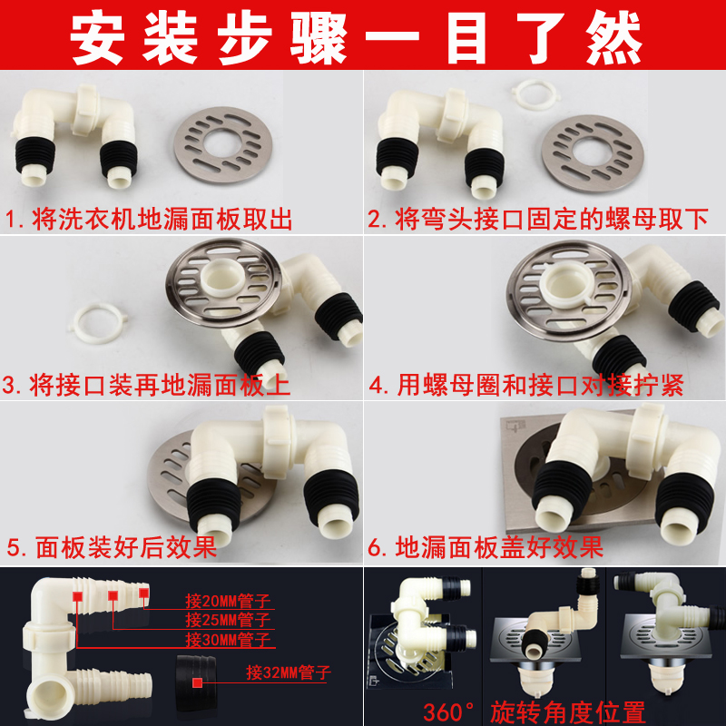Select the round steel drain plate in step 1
click(x=222, y=144)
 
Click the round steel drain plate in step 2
click(x=593, y=152)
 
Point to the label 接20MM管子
click(x=228, y=601)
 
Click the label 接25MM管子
click(x=228, y=620)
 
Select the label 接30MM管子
click(x=228, y=640)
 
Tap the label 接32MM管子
click(x=289, y=672)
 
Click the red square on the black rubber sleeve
click(x=197, y=682)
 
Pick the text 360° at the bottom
click(x=448, y=712)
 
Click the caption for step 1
click(x=149, y=219)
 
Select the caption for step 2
click(x=538, y=219)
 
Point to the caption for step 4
click(x=526, y=385)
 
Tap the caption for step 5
click(x=112, y=547)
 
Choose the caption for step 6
click(x=486, y=547)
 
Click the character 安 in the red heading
click(x=97, y=37)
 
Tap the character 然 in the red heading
click(x=614, y=37)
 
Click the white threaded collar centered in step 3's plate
click(x=223, y=278)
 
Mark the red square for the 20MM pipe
click(x=143, y=594)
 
